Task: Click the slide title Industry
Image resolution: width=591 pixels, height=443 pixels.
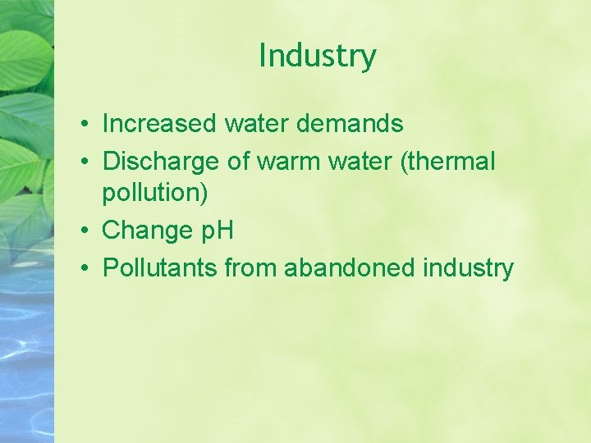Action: (318, 57)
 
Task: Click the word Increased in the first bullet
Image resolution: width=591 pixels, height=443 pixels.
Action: (159, 124)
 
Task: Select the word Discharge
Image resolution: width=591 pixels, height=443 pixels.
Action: (161, 162)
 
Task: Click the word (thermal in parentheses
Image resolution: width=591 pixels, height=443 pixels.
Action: (447, 162)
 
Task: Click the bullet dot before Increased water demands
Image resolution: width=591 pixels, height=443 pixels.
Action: (85, 125)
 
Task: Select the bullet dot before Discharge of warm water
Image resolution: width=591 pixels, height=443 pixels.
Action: (85, 162)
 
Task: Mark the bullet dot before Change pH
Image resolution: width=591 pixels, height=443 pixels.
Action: (85, 231)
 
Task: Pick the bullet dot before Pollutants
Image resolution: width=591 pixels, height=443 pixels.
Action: (85, 269)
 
